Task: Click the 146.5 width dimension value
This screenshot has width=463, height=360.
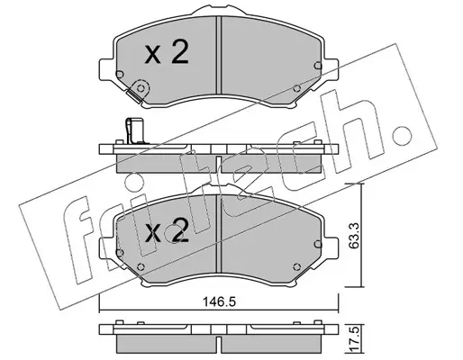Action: point(220,301)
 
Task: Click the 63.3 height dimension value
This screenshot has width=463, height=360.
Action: point(354,235)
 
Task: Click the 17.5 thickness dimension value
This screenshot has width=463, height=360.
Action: point(354,341)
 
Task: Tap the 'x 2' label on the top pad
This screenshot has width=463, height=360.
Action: point(167,53)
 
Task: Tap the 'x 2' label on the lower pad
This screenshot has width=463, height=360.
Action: point(167,230)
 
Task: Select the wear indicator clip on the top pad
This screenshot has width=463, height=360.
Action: point(138,91)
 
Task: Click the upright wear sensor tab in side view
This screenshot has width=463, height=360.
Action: point(134,130)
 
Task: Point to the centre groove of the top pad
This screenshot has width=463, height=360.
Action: point(218,55)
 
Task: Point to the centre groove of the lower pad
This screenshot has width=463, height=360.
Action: point(218,234)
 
